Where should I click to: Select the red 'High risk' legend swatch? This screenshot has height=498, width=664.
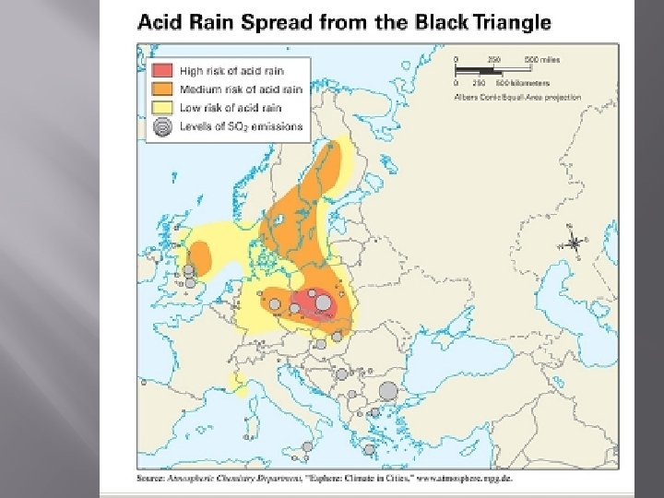[162, 70]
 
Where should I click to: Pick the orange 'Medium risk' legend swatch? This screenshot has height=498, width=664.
[162, 89]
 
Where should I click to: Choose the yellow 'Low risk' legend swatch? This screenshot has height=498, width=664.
[162, 109]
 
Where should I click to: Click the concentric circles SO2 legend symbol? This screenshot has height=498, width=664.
[162, 128]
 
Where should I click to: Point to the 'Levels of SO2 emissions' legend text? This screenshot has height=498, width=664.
[242, 128]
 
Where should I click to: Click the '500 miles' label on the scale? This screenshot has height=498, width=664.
[541, 60]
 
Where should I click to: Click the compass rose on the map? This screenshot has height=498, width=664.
[574, 243]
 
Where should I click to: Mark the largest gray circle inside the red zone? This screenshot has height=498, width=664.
[323, 302]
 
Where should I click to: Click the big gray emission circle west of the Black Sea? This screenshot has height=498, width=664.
[388, 391]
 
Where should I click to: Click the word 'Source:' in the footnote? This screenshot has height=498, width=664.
[151, 480]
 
